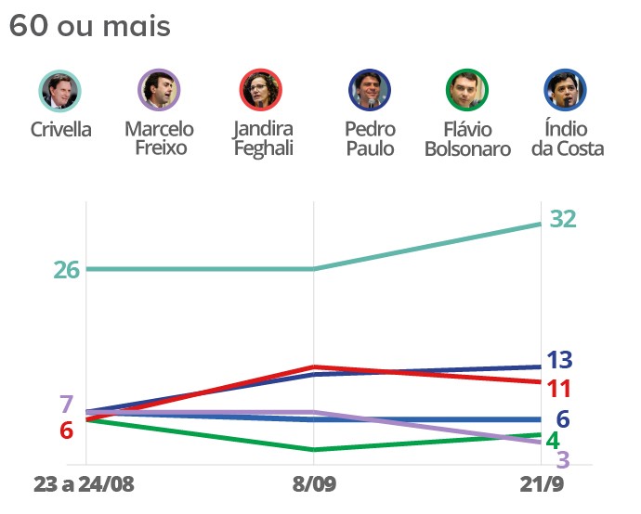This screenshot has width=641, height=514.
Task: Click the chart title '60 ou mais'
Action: point(90,26)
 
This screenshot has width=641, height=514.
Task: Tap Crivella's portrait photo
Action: point(60,91)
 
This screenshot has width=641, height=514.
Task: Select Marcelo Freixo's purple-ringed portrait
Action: point(158,91)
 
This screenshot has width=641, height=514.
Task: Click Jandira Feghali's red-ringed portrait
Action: point(259,91)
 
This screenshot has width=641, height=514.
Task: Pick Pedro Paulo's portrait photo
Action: point(369,91)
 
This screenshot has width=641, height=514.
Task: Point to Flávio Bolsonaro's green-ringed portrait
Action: point(467,91)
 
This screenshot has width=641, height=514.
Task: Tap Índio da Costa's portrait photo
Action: point(566,91)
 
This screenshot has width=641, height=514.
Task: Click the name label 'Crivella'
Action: point(60,129)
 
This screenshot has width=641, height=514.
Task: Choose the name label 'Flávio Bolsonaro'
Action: point(467,138)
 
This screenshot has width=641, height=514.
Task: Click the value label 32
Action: point(563,219)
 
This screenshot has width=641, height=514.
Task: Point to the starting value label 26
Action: point(67,270)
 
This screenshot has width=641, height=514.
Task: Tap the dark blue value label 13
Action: point(559,360)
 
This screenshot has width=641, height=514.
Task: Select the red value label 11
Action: point(558,389)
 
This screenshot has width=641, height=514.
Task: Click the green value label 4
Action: point(552,440)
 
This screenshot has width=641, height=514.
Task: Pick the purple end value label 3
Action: point(563,460)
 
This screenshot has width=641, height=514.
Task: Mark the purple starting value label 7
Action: point(66,405)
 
